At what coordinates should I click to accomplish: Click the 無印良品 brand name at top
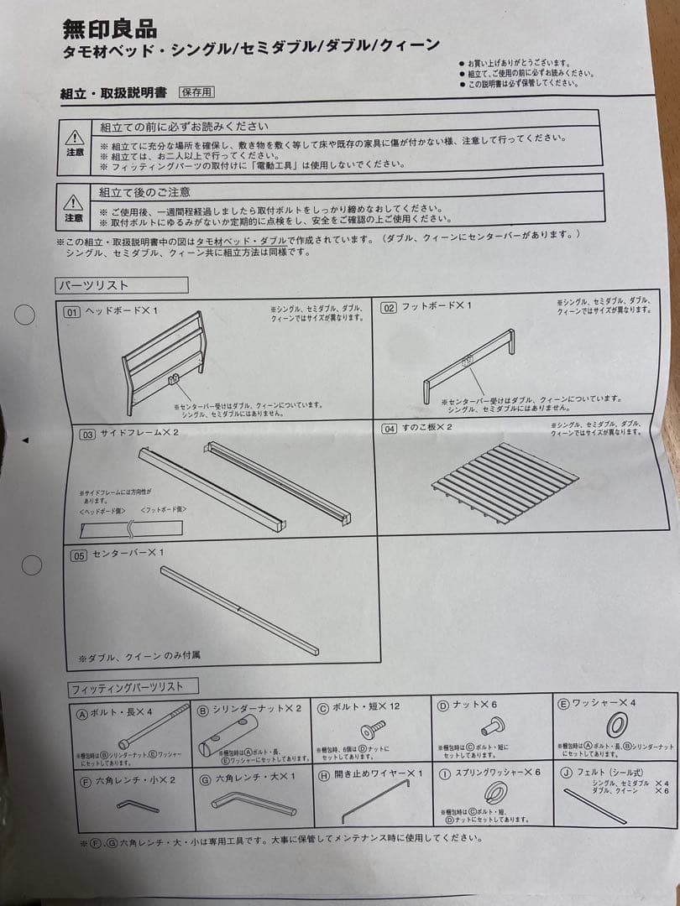click(x=109, y=29)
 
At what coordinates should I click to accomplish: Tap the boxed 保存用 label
click(x=196, y=92)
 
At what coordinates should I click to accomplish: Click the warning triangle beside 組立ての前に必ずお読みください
click(x=75, y=138)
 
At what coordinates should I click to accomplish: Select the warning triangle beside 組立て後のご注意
click(x=74, y=203)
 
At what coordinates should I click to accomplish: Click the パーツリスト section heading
click(x=92, y=285)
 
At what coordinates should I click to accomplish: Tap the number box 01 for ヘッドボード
click(x=73, y=312)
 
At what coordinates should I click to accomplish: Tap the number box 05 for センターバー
click(x=79, y=555)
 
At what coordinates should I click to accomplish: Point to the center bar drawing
click(x=239, y=610)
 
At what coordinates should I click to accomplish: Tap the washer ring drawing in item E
click(x=616, y=724)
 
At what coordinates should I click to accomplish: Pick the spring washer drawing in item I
click(x=494, y=791)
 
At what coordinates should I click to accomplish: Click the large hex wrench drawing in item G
click(x=252, y=804)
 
